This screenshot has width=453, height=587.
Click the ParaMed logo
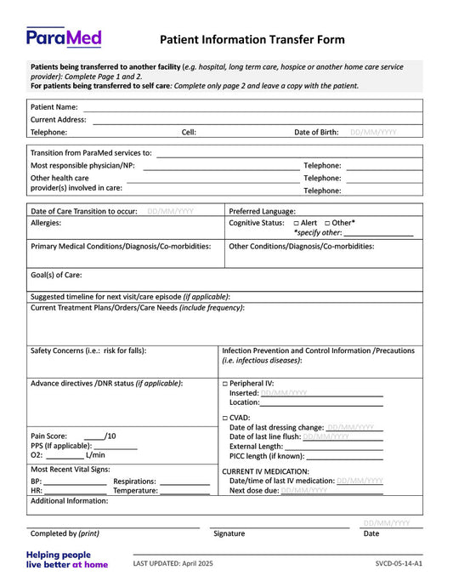click(64, 37)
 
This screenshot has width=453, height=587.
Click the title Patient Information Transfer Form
click(252, 39)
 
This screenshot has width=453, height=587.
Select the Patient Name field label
click(54, 107)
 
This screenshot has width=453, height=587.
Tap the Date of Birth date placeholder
click(373, 133)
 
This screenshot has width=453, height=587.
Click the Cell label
click(189, 133)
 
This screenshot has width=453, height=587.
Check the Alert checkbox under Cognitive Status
click(286, 223)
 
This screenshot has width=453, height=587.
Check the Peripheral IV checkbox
click(225, 384)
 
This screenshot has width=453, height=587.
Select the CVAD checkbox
click(225, 418)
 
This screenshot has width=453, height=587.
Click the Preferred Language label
click(263, 211)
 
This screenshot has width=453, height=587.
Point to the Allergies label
click(46, 223)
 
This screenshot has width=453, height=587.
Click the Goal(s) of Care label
click(56, 276)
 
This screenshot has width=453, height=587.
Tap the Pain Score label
click(49, 436)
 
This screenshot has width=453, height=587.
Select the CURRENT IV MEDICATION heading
click(265, 471)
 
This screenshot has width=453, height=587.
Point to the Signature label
click(229, 533)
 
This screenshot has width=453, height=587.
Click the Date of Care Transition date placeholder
click(170, 211)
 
